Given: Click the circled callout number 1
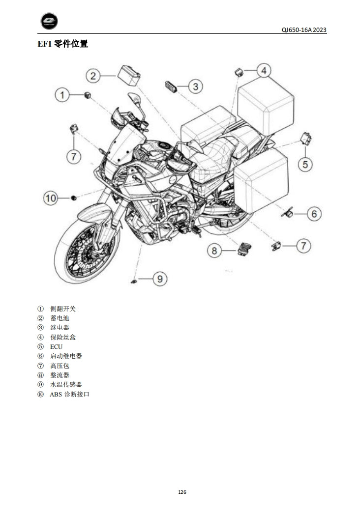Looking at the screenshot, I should tap(62, 94).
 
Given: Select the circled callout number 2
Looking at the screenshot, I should tap(93, 76).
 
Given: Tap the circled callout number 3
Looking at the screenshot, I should tap(195, 87).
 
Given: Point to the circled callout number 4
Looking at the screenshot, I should tap(264, 71).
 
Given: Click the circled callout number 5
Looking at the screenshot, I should tap(305, 164).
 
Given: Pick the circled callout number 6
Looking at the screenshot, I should tap(314, 214).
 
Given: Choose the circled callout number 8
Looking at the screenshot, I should tap(214, 251).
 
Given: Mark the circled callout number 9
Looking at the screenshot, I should tap(159, 279).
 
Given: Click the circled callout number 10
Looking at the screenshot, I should tap(51, 198).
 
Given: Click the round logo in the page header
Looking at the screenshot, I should tap(49, 21).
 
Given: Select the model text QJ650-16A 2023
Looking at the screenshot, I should tap(304, 30).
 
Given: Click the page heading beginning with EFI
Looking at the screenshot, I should tap(63, 44).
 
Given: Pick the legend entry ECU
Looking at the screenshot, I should tap(56, 346).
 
